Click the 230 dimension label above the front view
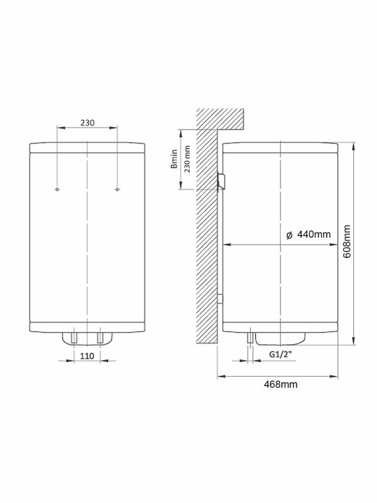point(87,123)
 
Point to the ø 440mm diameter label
point(308,235)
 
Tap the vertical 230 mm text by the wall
point(186,159)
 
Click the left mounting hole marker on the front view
point(57,189)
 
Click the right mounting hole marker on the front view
point(117,189)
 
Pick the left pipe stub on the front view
point(74,338)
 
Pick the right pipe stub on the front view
point(99,338)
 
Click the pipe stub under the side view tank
point(251,338)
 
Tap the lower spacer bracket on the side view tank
point(220,301)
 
